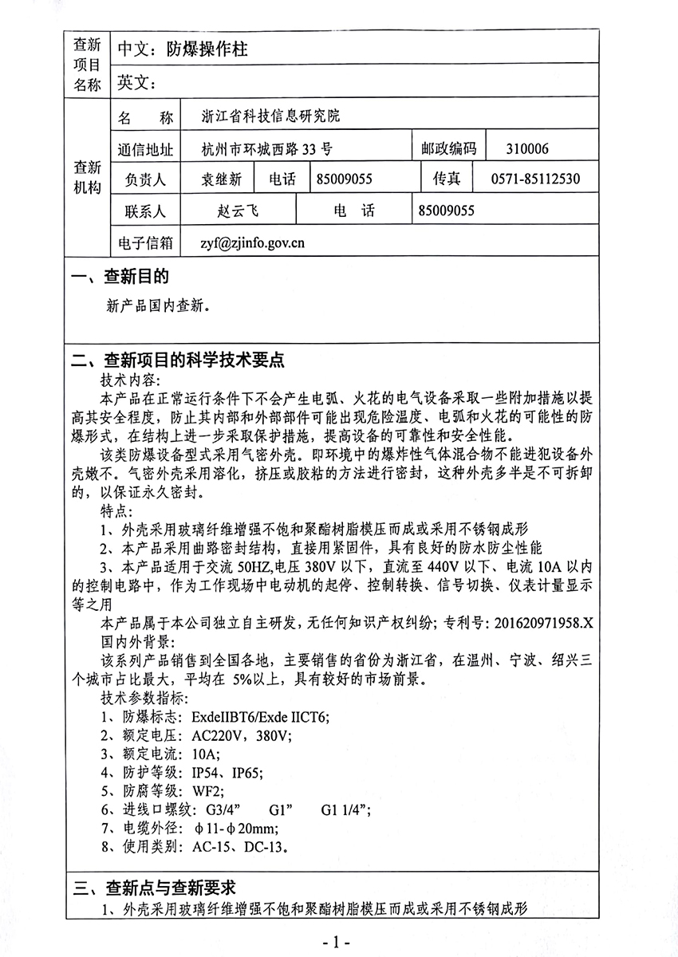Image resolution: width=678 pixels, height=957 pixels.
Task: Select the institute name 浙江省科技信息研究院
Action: click(x=271, y=116)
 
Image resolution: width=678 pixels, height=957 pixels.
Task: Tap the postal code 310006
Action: click(x=527, y=148)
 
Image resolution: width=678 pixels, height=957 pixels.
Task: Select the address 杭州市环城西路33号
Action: click(x=267, y=148)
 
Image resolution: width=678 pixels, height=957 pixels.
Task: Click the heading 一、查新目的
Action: click(x=120, y=277)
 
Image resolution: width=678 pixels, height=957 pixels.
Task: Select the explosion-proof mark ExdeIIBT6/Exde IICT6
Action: click(x=260, y=715)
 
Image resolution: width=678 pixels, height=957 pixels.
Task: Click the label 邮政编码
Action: click(x=448, y=148)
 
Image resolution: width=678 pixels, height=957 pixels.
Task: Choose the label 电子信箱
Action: click(x=144, y=242)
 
